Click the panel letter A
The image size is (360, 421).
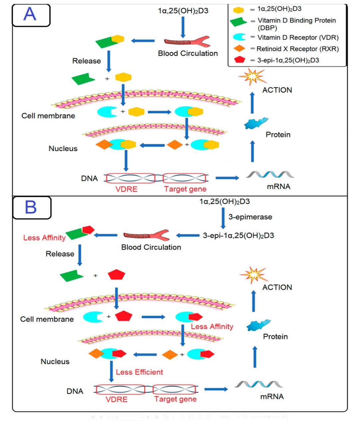(30, 14)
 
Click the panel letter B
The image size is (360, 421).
(31, 207)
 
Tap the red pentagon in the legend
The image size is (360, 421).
(239, 60)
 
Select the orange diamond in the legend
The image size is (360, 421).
(239, 48)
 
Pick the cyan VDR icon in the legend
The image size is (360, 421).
(239, 37)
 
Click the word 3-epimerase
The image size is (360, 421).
(250, 217)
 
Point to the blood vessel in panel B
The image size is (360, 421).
(146, 236)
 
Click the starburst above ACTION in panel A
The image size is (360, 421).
(253, 77)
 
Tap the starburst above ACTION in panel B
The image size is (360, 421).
(254, 275)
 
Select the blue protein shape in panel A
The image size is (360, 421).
(256, 123)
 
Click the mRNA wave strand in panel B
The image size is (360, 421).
(258, 385)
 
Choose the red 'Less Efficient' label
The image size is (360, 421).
(139, 372)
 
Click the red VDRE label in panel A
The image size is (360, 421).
(126, 189)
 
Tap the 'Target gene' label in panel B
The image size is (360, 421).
(175, 399)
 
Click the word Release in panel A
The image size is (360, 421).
(87, 61)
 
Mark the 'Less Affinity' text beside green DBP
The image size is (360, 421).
(44, 238)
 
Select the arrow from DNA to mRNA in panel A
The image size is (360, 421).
(227, 178)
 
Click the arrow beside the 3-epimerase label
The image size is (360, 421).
(223, 218)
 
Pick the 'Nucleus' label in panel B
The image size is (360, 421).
(55, 362)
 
